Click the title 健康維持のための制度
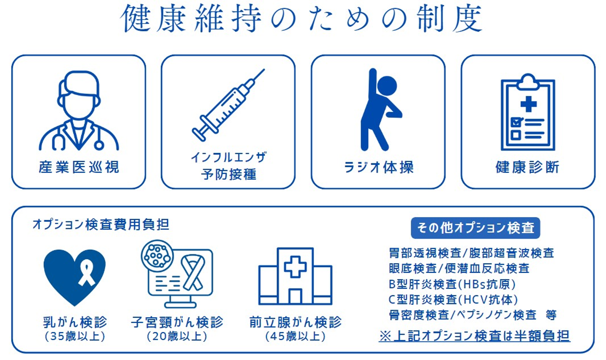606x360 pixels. point(302,19)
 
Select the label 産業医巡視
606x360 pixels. point(79,167)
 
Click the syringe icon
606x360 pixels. point(228,105)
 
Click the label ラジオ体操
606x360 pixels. point(378,167)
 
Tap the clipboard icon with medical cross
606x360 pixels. point(528,112)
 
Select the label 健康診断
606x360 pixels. point(528,167)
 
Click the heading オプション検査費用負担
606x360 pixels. point(101,225)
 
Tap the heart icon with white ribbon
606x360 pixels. point(74,277)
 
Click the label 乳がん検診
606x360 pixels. point(75,322)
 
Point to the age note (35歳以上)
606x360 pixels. point(75,336)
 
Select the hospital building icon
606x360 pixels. point(295,277)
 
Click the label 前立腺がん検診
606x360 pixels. point(295,322)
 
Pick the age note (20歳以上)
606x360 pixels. point(177,336)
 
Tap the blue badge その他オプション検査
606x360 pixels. point(476,228)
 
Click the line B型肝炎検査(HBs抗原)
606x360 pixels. point(452,284)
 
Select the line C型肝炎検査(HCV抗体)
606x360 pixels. point(453,300)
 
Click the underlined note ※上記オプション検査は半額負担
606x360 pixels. point(475,336)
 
